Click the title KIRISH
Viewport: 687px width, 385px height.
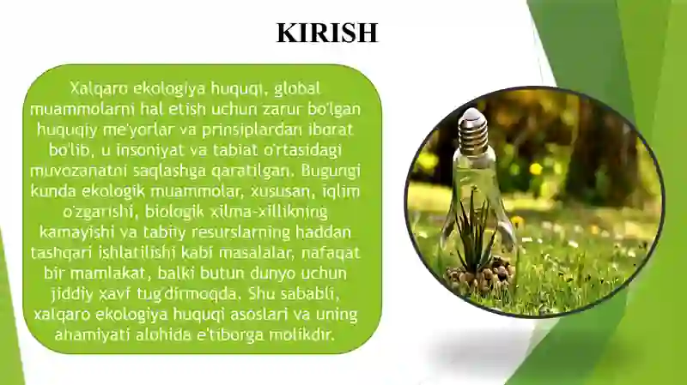point(326,33)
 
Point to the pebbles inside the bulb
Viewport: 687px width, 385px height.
point(480,276)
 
